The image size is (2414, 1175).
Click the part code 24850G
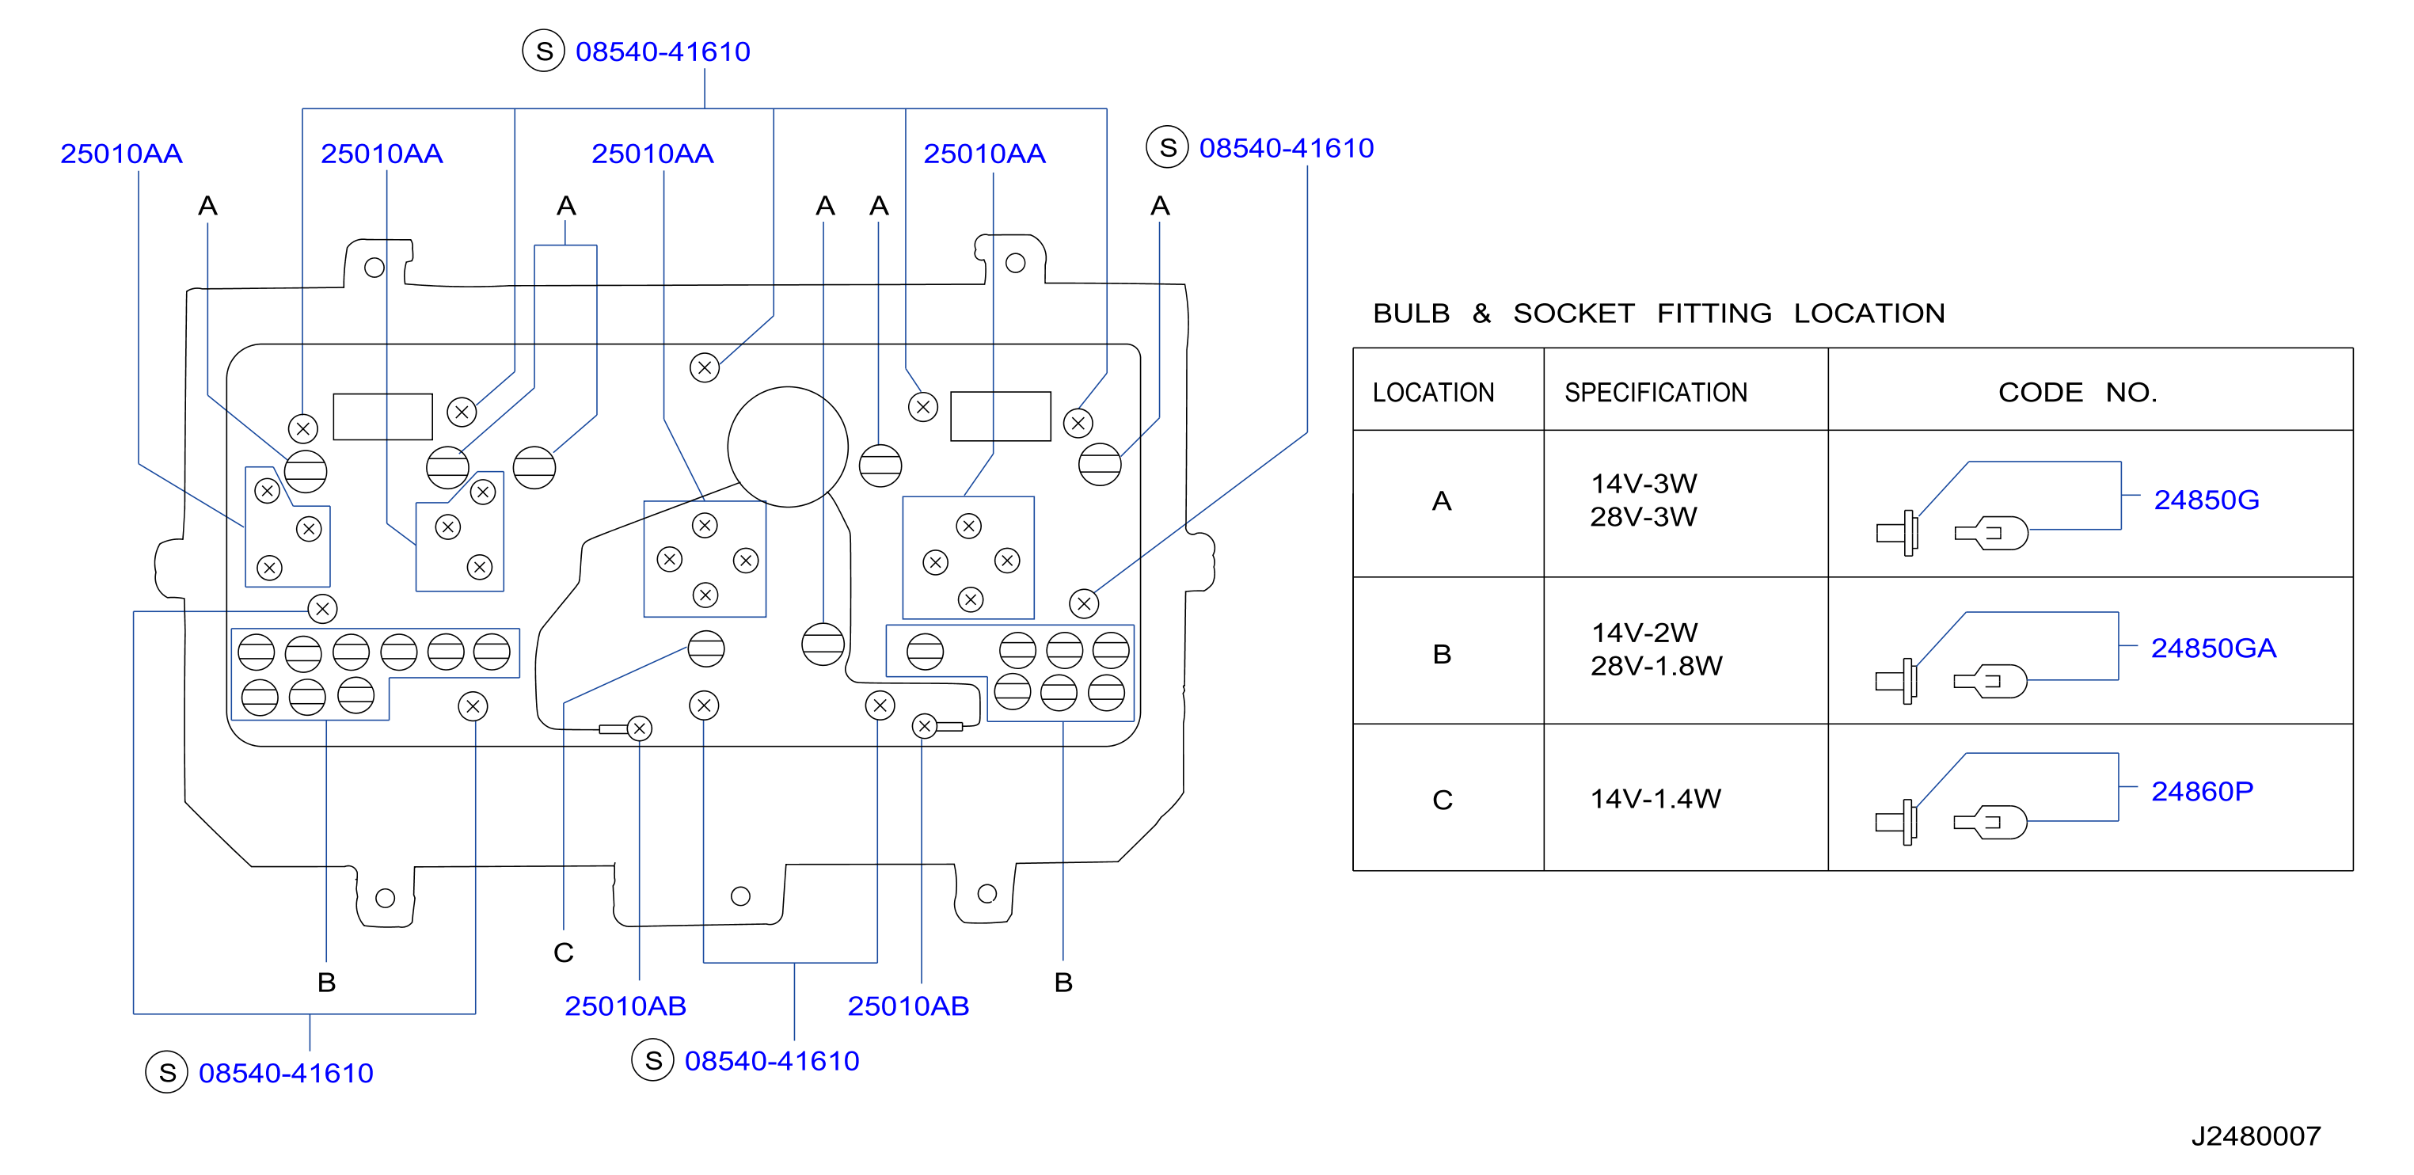[x=2206, y=500]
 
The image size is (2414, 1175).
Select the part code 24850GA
[x=2213, y=648]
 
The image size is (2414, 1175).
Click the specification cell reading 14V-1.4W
[x=1655, y=798]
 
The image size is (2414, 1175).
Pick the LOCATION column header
[x=1433, y=392]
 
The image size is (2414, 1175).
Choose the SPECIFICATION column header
[x=1656, y=392]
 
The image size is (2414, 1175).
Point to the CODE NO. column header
[x=2078, y=392]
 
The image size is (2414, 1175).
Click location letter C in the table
[x=1443, y=800]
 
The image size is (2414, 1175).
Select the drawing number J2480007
[x=2256, y=1135]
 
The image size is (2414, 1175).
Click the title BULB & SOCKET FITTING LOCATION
[x=1659, y=313]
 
